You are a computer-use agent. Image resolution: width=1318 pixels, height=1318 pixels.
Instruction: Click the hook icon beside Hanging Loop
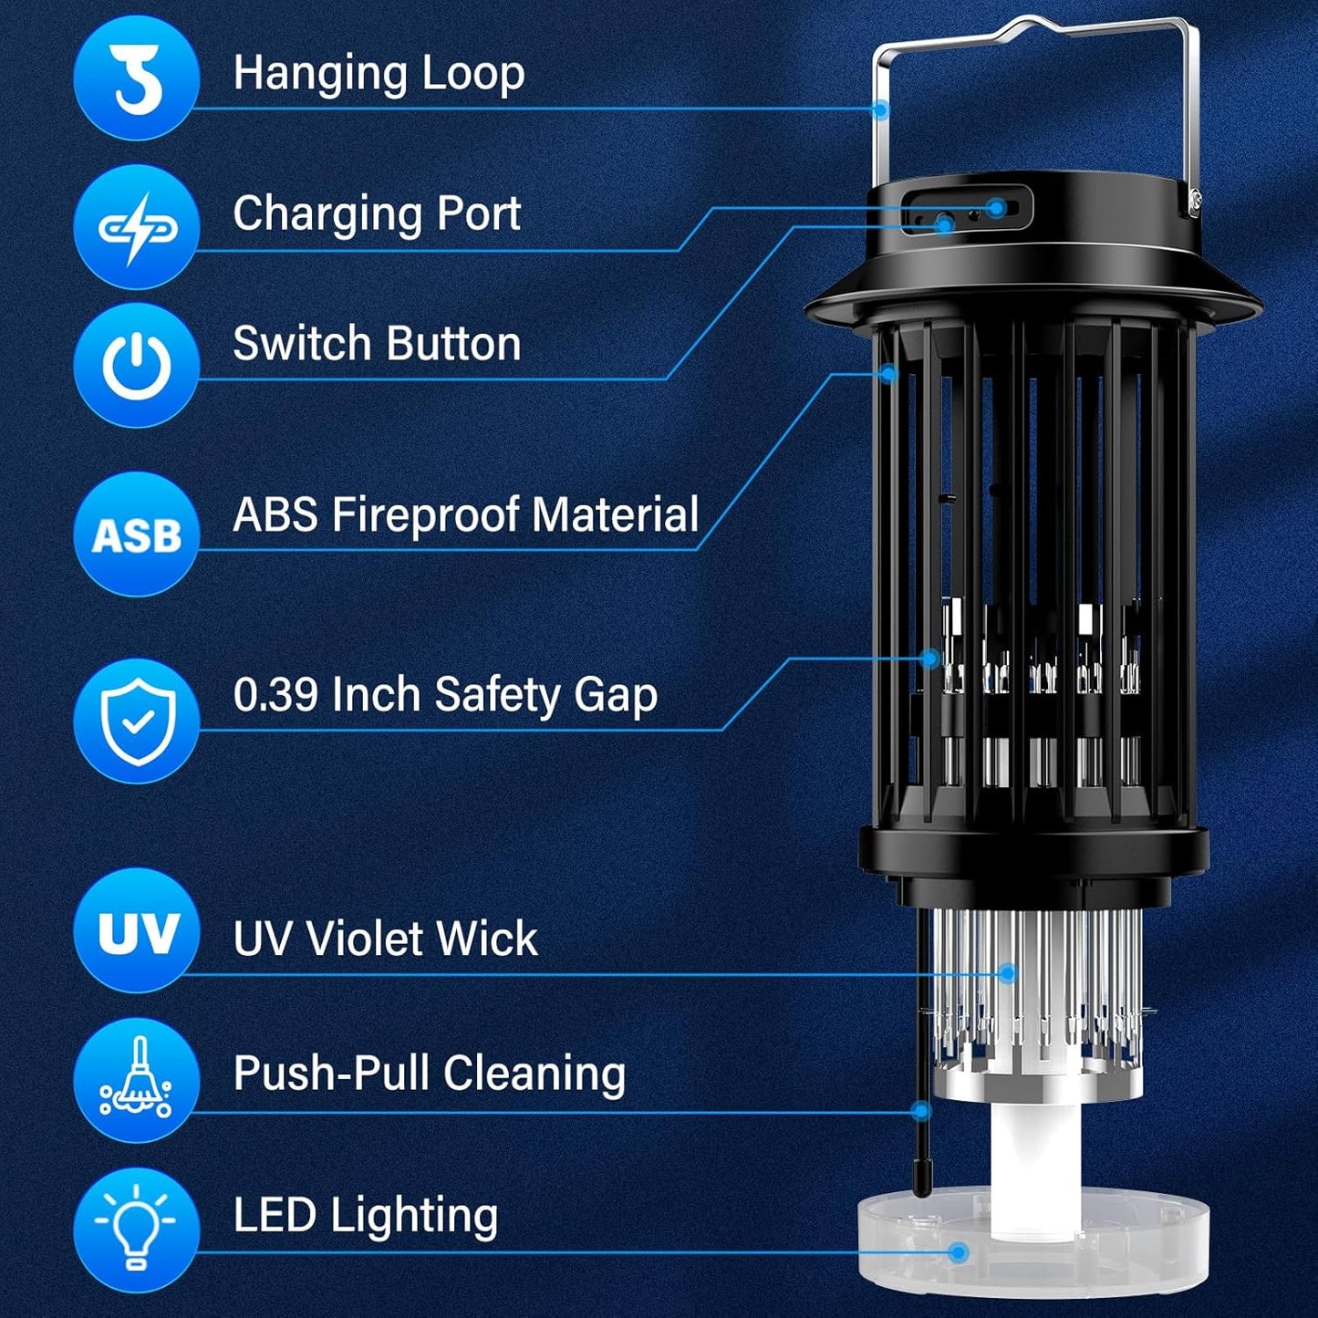[x=136, y=78]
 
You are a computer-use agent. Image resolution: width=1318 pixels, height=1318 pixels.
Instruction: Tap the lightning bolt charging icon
[x=136, y=227]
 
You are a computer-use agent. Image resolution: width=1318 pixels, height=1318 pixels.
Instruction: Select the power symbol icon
[x=136, y=366]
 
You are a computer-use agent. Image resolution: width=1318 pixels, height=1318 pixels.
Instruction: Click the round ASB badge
[x=136, y=534]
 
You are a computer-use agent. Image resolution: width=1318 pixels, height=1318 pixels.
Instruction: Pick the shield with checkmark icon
[x=136, y=721]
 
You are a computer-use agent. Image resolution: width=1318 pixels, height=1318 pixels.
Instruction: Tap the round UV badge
[x=136, y=931]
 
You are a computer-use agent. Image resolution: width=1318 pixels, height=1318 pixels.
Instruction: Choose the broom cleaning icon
[x=136, y=1079]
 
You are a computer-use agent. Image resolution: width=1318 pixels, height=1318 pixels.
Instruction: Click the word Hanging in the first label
[x=310, y=75]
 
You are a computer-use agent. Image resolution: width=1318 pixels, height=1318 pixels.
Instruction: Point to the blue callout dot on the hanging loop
[x=880, y=109]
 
